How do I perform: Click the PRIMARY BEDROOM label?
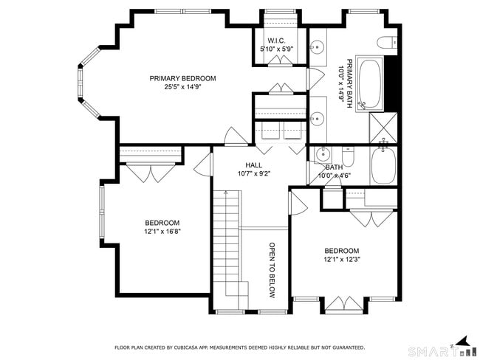(x=182, y=78)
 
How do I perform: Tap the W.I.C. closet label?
(x=276, y=41)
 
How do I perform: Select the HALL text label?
(x=254, y=165)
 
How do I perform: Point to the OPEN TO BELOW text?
(x=272, y=271)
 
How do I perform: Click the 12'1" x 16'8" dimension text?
(x=162, y=232)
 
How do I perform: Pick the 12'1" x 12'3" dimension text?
(x=342, y=260)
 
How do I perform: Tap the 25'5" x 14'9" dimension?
(x=182, y=87)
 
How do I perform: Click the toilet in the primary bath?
(x=387, y=43)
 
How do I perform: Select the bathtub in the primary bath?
(x=369, y=83)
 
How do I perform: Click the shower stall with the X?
(x=383, y=128)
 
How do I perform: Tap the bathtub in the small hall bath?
(x=383, y=165)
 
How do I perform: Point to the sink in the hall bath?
(x=322, y=154)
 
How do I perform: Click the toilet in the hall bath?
(x=348, y=156)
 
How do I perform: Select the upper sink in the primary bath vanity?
(x=317, y=47)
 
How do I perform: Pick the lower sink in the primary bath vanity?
(x=317, y=117)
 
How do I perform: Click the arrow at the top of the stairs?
(x=226, y=193)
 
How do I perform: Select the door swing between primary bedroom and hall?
(x=236, y=136)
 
